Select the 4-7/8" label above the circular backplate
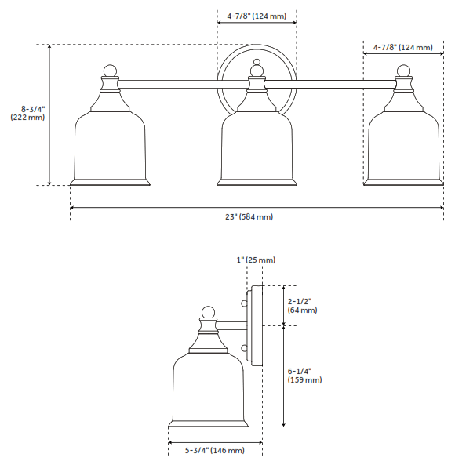point(257,15)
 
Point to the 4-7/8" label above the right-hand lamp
point(402,48)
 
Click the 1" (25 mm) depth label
point(256,260)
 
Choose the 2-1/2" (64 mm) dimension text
point(302,305)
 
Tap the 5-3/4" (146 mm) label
point(214,451)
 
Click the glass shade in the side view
point(208,388)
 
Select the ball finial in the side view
point(208,312)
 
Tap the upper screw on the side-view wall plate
point(245,300)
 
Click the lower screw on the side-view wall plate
point(245,348)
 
